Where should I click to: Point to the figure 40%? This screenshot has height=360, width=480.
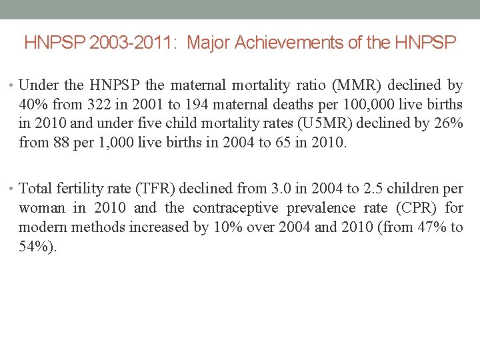click(x=33, y=104)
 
